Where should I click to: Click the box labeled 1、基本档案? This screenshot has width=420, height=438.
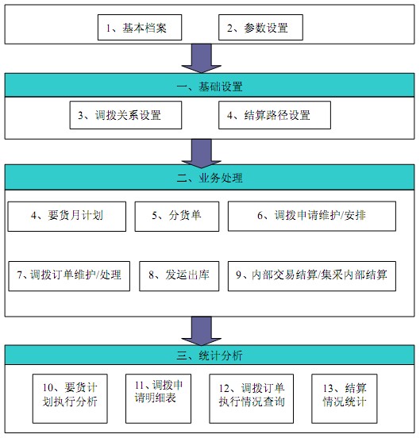pos(140,27)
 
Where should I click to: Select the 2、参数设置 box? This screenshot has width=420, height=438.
pos(260,27)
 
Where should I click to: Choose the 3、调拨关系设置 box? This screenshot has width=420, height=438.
pos(125,115)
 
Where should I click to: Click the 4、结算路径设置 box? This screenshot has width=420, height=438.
pos(275,115)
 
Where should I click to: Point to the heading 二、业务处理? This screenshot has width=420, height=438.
pos(210,178)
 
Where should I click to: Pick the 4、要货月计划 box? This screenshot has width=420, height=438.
pos(67,217)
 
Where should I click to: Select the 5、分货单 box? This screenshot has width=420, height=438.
pos(177,217)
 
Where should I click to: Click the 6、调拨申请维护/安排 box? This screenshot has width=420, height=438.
pos(312,216)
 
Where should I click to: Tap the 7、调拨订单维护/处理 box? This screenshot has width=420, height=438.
pos(69,276)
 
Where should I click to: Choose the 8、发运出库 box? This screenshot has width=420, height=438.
pos(179,276)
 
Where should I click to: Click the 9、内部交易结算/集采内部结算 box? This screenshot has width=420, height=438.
pos(312,276)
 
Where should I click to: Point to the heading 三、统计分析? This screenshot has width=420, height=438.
pos(210,355)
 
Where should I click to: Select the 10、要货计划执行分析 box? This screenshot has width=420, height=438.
pos(70,399)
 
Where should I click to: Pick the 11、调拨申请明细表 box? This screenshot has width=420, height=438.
pos(159,399)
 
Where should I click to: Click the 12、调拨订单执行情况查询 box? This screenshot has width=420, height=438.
pos(252,399)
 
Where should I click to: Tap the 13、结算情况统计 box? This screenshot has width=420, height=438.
pos(345,399)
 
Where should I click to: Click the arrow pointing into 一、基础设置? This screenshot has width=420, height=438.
pos(202,59)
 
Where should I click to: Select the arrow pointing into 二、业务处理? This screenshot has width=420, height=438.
pos(202,154)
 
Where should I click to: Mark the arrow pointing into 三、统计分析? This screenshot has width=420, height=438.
pos(202,331)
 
